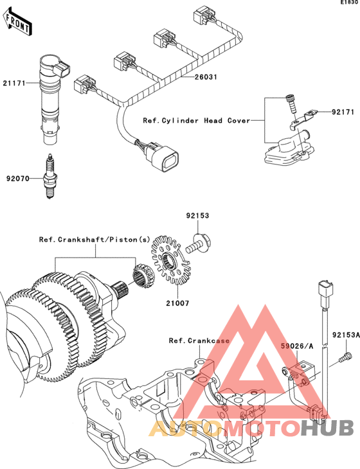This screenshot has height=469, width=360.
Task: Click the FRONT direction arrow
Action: click(x=18, y=21)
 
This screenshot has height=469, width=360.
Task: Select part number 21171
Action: click(x=14, y=83)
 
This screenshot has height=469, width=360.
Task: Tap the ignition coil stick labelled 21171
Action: click(x=51, y=100)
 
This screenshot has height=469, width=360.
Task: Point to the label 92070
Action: click(x=18, y=179)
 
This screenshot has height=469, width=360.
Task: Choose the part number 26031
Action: click(x=206, y=77)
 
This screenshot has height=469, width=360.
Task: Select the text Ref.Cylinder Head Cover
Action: click(x=196, y=121)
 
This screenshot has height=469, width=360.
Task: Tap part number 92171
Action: click(x=343, y=112)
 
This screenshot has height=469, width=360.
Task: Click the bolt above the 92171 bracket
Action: click(x=291, y=103)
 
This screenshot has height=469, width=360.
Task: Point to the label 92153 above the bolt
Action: click(x=197, y=215)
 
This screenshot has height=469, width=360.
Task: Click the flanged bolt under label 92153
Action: click(x=199, y=243)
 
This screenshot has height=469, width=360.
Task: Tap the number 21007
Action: click(x=178, y=303)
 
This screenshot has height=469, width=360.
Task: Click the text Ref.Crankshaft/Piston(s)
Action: click(x=94, y=240)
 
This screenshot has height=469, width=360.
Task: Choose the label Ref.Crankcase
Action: click(x=199, y=341)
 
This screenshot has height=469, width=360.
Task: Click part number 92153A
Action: click(x=346, y=335)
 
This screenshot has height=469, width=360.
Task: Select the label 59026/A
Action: click(x=297, y=346)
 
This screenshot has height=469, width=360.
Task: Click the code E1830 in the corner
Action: click(x=350, y=3)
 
